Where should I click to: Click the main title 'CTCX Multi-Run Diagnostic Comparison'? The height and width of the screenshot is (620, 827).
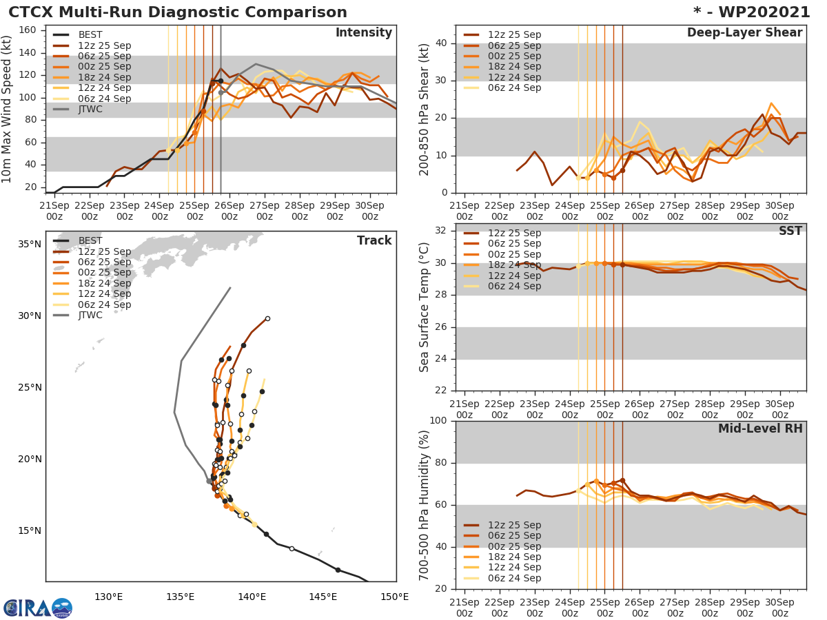[178, 12]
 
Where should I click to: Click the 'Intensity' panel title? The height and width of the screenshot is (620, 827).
[363, 33]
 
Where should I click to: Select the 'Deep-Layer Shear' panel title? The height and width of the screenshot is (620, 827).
[744, 33]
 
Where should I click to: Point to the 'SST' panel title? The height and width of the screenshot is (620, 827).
[790, 231]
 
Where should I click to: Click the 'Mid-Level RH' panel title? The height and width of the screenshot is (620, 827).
[760, 429]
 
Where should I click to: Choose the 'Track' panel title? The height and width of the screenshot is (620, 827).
[374, 240]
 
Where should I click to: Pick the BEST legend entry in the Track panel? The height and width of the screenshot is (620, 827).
[90, 240]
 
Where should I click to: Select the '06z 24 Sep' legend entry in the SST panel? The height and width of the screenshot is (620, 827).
[514, 286]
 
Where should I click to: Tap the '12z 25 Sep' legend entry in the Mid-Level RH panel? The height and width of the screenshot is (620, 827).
[514, 525]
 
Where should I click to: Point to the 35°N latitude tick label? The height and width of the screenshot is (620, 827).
[30, 245]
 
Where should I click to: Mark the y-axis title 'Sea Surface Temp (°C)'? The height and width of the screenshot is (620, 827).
[425, 307]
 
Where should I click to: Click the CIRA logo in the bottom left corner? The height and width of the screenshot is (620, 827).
[37, 608]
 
